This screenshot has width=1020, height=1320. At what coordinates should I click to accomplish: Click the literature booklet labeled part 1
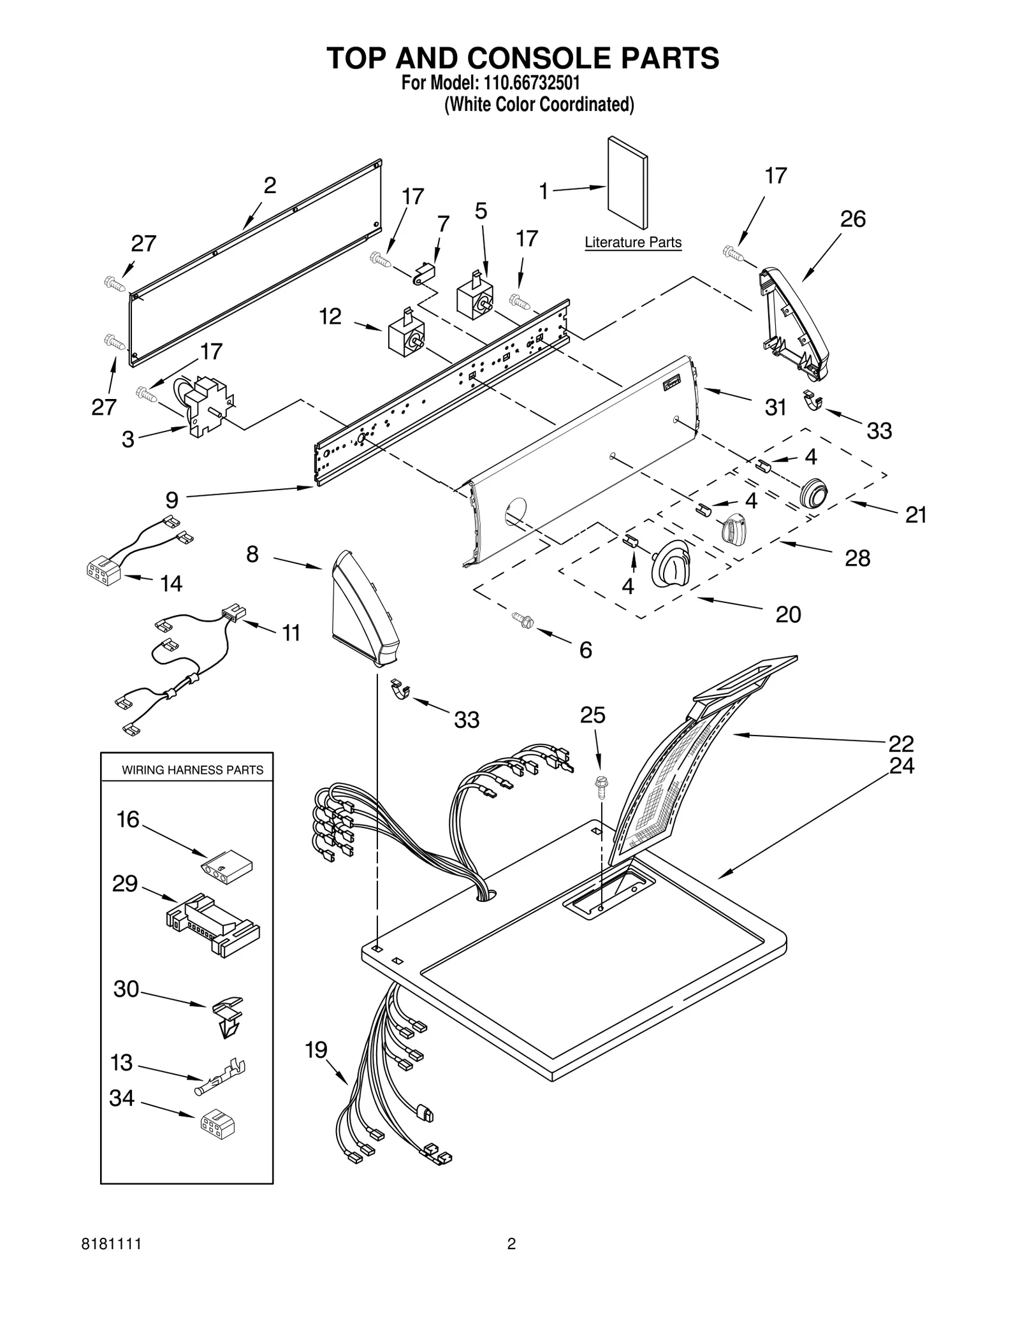(628, 183)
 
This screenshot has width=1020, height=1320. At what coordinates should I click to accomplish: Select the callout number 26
(852, 219)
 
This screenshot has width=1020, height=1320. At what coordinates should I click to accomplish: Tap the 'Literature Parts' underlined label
(633, 242)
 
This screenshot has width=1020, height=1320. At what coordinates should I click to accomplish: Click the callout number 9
(171, 500)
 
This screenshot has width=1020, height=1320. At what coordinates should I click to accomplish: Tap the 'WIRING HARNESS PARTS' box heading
(193, 770)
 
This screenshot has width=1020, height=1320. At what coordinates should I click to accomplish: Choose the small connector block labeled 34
(217, 1126)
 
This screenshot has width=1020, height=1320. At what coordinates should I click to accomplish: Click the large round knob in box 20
(670, 563)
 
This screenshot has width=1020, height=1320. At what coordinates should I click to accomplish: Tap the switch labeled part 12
(406, 333)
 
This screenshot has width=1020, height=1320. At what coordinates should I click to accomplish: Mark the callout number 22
(901, 743)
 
